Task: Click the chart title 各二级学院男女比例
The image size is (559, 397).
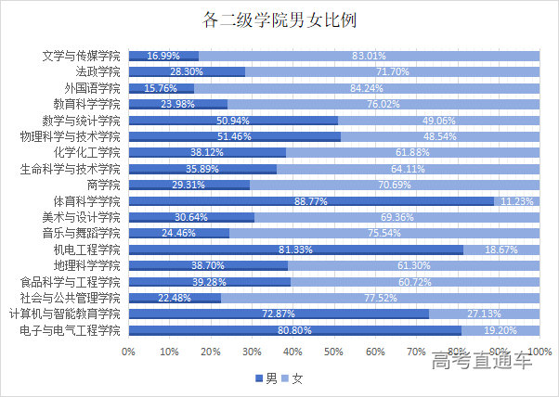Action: pyautogui.click(x=279, y=19)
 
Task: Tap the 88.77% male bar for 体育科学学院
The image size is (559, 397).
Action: pyautogui.click(x=311, y=201)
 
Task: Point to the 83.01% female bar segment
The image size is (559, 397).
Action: pyautogui.click(x=370, y=56)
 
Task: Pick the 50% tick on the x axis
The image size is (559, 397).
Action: pyautogui.click(x=334, y=352)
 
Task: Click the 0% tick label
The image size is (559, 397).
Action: pyautogui.click(x=129, y=352)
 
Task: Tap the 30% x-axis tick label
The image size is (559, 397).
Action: pyautogui.click(x=252, y=352)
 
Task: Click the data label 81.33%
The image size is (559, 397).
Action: pyautogui.click(x=296, y=250)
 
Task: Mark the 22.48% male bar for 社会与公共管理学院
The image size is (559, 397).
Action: pyautogui.click(x=175, y=298)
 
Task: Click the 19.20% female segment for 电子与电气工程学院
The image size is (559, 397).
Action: pyautogui.click(x=500, y=330)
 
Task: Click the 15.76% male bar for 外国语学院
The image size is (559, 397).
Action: pyautogui.click(x=162, y=88)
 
